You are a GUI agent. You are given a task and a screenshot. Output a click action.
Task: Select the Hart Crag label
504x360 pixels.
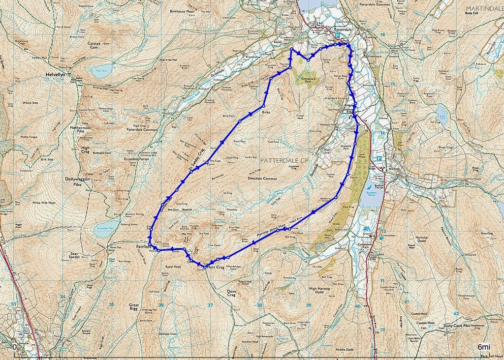tap(215, 267)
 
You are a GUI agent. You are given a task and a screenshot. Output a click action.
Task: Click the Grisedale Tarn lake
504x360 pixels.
tap(106, 229)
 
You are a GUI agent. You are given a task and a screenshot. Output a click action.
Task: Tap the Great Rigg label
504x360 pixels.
tap(134, 308)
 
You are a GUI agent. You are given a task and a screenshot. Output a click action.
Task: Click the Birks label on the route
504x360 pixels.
tap(266, 112)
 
